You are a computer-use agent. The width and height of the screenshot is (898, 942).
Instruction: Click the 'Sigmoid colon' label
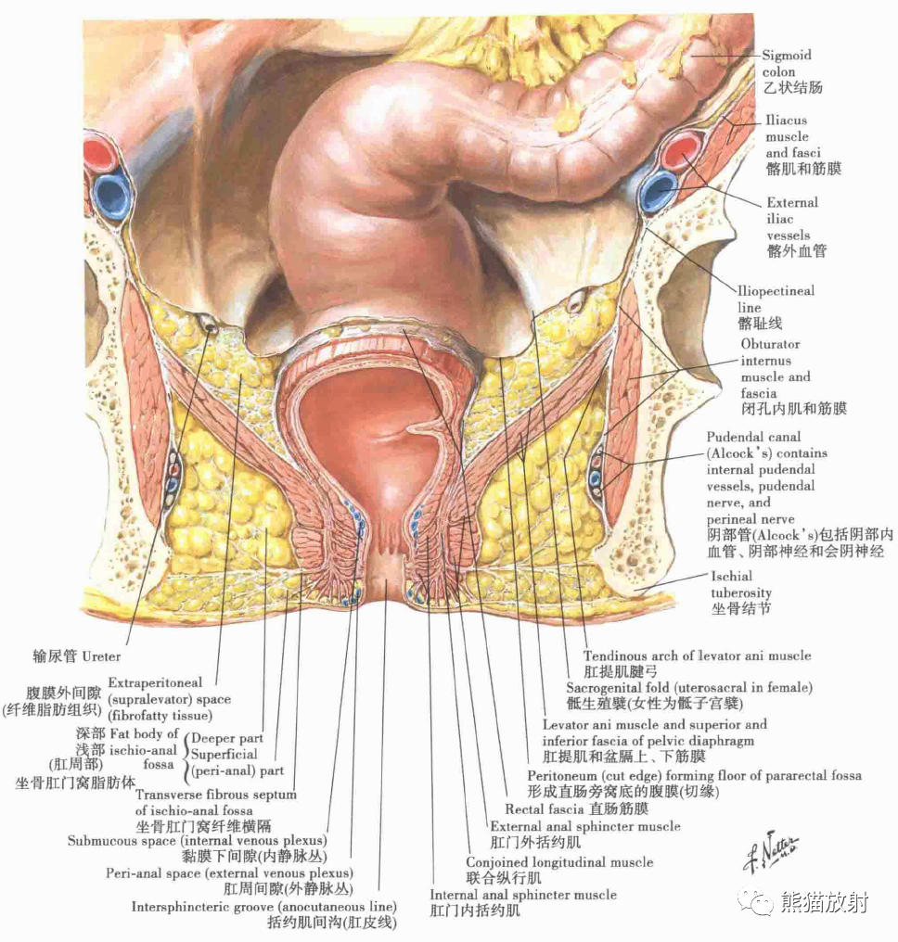tap(787, 63)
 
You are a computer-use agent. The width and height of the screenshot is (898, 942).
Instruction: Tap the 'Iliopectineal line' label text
tap(776, 299)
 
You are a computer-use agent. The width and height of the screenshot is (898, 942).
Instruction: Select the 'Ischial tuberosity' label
tap(740, 584)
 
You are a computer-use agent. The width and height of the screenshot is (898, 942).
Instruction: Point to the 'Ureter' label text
tap(101, 656)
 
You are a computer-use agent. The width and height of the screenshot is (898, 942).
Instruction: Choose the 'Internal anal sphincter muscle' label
tap(523, 895)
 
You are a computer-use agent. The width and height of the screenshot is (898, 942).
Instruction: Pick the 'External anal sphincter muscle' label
tap(585, 826)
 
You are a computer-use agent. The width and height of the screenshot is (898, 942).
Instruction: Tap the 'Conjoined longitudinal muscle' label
tap(559, 862)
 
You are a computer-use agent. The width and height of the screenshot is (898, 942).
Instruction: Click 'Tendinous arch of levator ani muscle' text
tap(698, 656)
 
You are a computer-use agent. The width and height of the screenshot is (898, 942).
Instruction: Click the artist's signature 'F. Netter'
tap(771, 853)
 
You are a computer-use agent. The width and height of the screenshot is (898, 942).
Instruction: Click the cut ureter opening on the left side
tap(210, 325)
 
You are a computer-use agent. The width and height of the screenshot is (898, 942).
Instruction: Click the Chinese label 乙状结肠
tap(793, 87)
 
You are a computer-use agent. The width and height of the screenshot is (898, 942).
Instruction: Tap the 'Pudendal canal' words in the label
tap(753, 437)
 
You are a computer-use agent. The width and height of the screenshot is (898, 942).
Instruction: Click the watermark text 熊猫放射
tap(825, 903)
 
